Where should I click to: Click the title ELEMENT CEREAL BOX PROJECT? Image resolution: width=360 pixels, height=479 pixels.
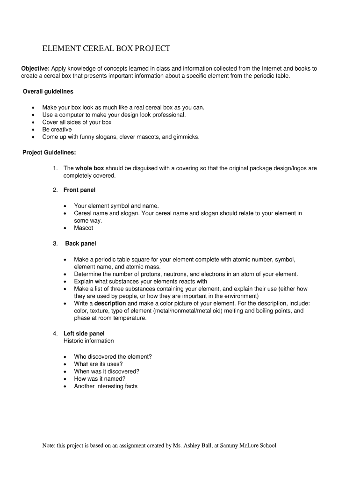click(106, 49)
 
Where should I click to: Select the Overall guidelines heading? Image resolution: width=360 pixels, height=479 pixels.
click(48, 91)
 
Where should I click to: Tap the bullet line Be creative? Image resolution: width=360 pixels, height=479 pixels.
click(57, 130)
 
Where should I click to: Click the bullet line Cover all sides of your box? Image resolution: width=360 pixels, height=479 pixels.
click(77, 122)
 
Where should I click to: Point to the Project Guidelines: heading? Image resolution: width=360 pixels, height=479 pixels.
click(49, 152)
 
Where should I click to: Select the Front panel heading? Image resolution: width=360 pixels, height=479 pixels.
click(79, 190)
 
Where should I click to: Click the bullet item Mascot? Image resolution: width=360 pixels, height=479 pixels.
click(84, 228)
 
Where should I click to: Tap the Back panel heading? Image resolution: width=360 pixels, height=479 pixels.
click(80, 244)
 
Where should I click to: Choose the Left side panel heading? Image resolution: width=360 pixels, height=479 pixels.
click(84, 334)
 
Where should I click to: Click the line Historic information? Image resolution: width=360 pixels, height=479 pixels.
click(88, 341)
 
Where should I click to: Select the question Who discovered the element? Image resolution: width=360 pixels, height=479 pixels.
click(113, 356)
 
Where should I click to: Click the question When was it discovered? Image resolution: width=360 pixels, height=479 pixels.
click(107, 371)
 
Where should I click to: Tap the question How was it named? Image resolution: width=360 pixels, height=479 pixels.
click(100, 379)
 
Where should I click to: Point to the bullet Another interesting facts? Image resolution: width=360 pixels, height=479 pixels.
click(106, 386)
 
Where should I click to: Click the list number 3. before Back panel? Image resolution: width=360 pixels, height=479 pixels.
click(55, 244)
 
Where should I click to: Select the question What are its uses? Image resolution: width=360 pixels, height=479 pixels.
click(98, 364)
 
